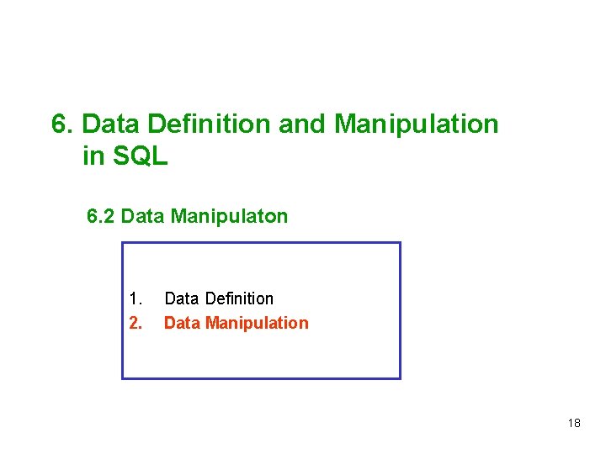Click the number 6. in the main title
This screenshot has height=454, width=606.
(x=63, y=124)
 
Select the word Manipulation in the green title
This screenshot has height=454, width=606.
(x=417, y=124)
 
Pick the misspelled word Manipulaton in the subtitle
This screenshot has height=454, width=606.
(x=229, y=217)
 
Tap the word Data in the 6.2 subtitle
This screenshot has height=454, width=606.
(x=143, y=217)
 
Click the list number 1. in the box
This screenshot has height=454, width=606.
(x=136, y=298)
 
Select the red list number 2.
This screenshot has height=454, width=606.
(x=136, y=323)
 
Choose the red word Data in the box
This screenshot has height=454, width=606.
(x=182, y=323)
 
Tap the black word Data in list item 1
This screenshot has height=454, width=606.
(x=182, y=298)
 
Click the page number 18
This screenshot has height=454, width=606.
(x=574, y=423)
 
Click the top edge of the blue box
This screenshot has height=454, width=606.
(x=261, y=243)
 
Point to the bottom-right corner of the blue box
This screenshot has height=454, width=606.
(x=400, y=378)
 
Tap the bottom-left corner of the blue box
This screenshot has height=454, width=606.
(x=123, y=378)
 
